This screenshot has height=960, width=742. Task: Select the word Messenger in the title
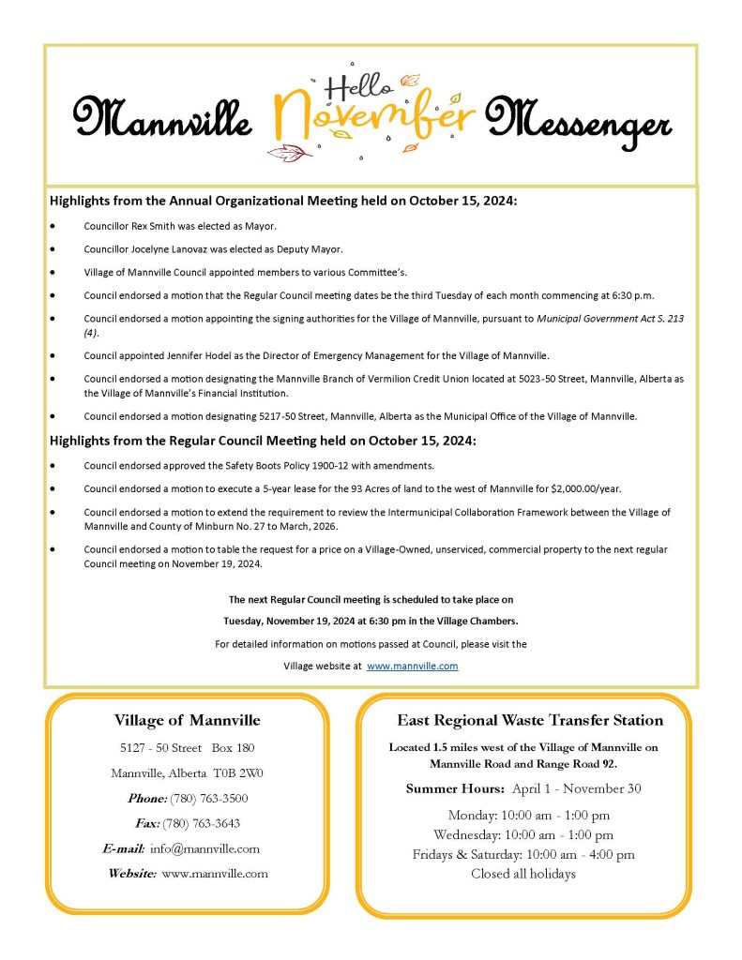tap(578, 125)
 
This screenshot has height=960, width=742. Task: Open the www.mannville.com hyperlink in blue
tap(412, 666)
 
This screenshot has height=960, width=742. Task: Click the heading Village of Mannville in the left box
tap(188, 721)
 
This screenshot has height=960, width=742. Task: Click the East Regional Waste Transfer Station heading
tap(530, 721)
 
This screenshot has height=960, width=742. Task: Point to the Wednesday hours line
tap(523, 835)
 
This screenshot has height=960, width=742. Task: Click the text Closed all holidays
tap(523, 875)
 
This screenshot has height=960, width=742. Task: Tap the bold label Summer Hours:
tap(456, 788)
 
